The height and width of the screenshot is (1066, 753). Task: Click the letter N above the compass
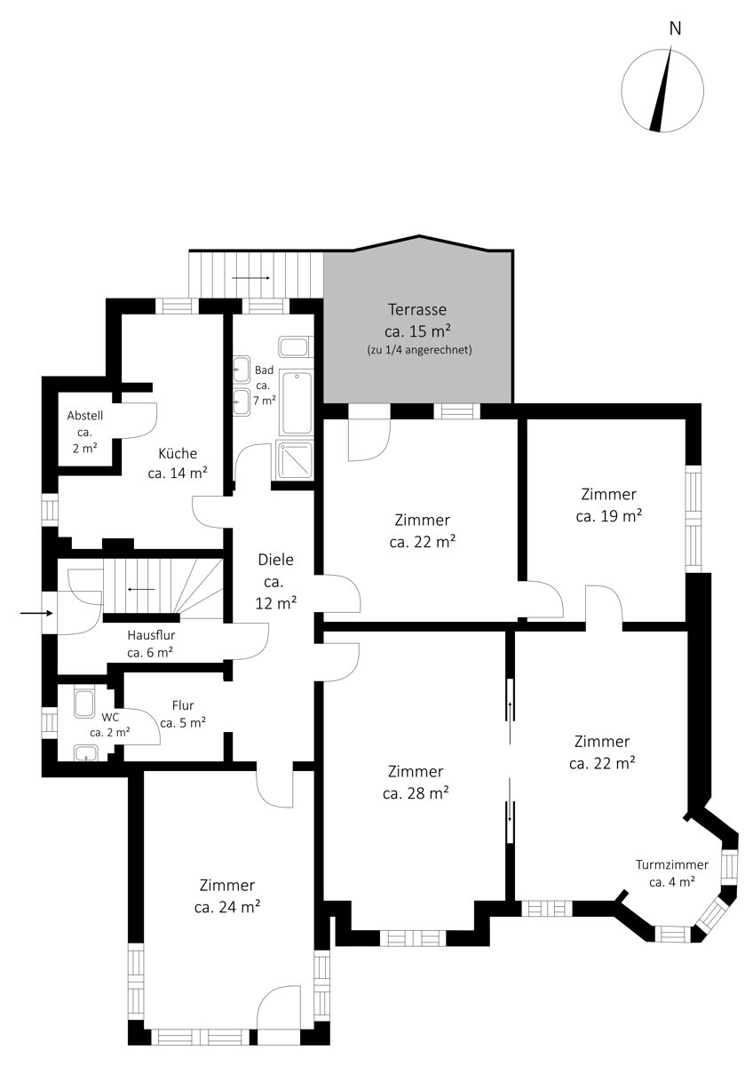[675, 29]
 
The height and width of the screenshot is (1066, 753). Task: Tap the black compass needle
[662, 89]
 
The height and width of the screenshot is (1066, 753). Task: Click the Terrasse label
[417, 309]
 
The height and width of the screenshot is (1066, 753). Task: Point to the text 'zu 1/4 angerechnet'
[419, 350]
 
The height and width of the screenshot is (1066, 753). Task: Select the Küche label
[178, 453]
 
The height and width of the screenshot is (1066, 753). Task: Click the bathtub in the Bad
[297, 403]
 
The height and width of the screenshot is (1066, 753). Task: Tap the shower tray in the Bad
[296, 461]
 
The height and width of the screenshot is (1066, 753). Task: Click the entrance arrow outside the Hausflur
[36, 614]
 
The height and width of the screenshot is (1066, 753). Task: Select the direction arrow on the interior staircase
[141, 590]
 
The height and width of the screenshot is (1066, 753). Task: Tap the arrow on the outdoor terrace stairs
[251, 278]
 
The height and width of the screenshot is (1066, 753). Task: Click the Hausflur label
[151, 635]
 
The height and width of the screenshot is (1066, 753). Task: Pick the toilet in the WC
[85, 704]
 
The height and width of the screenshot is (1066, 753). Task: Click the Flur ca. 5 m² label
[183, 714]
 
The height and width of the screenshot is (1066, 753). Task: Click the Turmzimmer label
[672, 864]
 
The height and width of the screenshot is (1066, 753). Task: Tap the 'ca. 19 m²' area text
[609, 516]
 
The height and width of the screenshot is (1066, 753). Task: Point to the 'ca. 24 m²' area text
[227, 907]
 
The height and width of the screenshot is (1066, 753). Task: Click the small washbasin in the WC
[85, 753]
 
